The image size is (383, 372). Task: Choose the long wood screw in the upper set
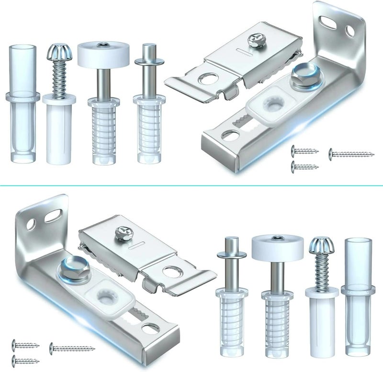tap(351, 154)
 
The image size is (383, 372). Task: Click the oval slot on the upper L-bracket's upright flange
tap(330, 21)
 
